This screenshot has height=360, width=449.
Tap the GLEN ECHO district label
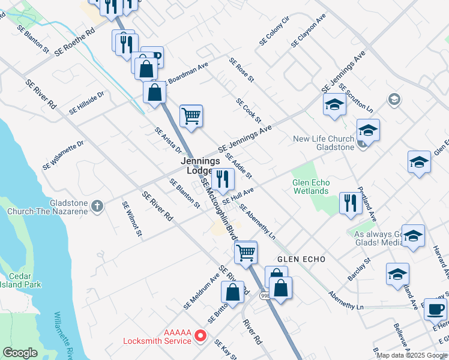[301, 259]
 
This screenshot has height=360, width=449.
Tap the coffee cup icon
[436, 309]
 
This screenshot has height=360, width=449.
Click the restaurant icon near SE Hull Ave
[223, 179]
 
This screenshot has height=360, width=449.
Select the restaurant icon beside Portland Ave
[349, 203]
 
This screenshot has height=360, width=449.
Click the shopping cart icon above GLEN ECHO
[246, 252]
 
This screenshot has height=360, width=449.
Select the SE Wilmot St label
[131, 218]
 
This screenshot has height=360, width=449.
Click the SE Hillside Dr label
[87, 103]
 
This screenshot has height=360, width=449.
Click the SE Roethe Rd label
[74, 42]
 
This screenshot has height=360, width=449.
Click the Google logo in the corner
[20, 353]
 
